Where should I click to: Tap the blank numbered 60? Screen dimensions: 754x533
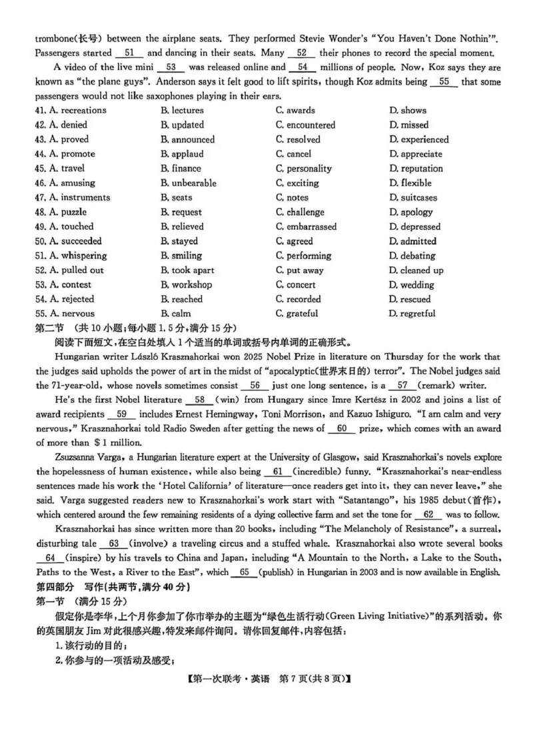[x=342, y=429]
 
